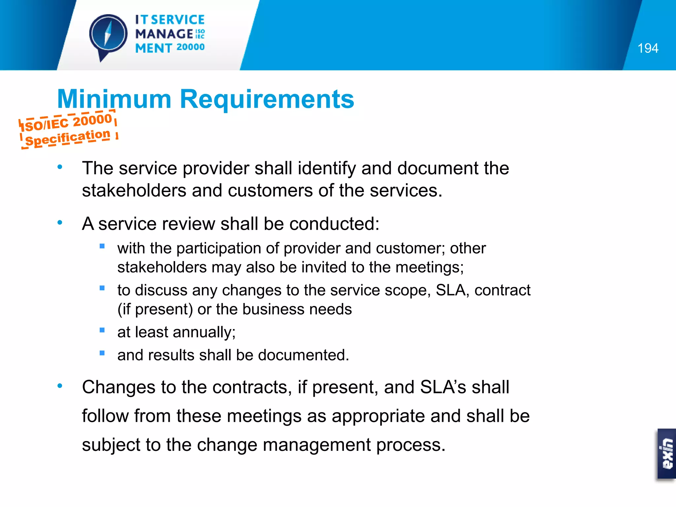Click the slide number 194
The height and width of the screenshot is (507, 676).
click(x=648, y=49)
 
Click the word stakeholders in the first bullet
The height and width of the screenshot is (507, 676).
click(x=134, y=191)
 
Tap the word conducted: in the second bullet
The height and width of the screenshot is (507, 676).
click(x=334, y=224)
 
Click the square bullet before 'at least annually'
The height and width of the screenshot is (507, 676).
click(x=102, y=330)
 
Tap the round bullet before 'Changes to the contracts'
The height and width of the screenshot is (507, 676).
click(x=60, y=386)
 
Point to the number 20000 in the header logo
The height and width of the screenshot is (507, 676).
click(x=190, y=47)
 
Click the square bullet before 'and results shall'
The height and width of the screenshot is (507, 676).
click(x=102, y=353)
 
